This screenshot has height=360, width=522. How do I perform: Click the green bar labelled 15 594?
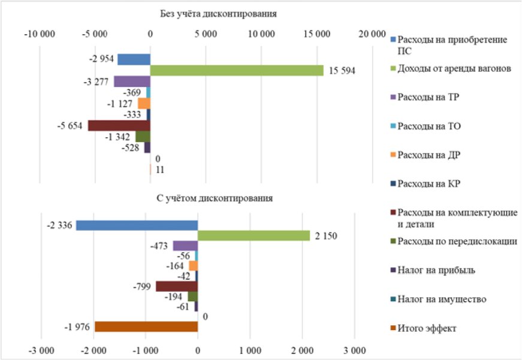point(237,71)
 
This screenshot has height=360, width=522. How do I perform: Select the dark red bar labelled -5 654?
point(119,126)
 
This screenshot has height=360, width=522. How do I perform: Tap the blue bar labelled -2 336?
point(137,225)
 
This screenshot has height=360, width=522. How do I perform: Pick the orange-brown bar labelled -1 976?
point(146,326)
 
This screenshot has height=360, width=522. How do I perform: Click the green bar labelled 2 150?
point(254,236)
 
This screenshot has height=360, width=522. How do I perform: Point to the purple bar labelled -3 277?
point(132,81)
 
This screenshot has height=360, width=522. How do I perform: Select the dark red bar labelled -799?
point(177,286)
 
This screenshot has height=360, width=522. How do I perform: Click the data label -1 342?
point(119,137)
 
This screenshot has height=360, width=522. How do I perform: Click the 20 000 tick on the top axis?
point(372,34)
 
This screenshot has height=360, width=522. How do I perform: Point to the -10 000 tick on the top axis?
point(39,34)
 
